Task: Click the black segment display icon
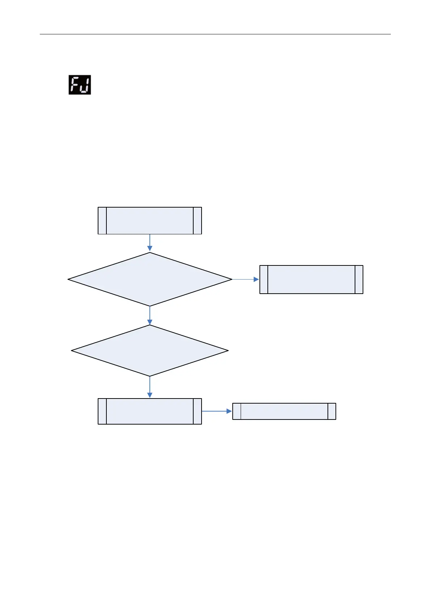[x=80, y=85]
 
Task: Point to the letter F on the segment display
[x=75, y=85]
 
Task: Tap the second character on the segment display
[x=85, y=85]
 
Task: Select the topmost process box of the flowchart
[x=149, y=221]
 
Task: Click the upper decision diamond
[x=149, y=279]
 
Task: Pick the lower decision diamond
[x=149, y=350]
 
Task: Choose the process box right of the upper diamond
[x=311, y=279]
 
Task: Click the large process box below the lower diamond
[x=149, y=411]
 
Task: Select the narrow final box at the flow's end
[x=284, y=411]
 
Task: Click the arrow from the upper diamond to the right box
[x=245, y=279]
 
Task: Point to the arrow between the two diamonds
[x=149, y=316]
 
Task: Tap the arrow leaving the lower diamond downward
[x=149, y=387]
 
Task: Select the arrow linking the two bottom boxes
[x=216, y=411]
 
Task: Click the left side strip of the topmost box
[x=102, y=221]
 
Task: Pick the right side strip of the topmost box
[x=197, y=221]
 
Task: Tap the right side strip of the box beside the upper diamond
[x=359, y=279]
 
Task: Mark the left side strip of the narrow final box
[x=237, y=411]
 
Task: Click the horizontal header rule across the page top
[x=215, y=34]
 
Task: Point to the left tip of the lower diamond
[x=72, y=350]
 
